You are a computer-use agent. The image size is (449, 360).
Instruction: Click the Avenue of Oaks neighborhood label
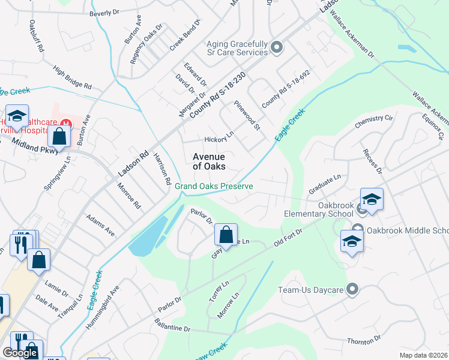pos(209,161)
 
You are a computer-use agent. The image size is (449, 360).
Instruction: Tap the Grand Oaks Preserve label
pos(214,186)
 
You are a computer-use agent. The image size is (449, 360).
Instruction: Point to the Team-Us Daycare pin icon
pos(352,290)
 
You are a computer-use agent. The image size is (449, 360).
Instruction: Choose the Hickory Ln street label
pos(218,139)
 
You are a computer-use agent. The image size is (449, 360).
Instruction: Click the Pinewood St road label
pos(249,116)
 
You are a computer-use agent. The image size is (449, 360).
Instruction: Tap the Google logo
pos(20,353)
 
